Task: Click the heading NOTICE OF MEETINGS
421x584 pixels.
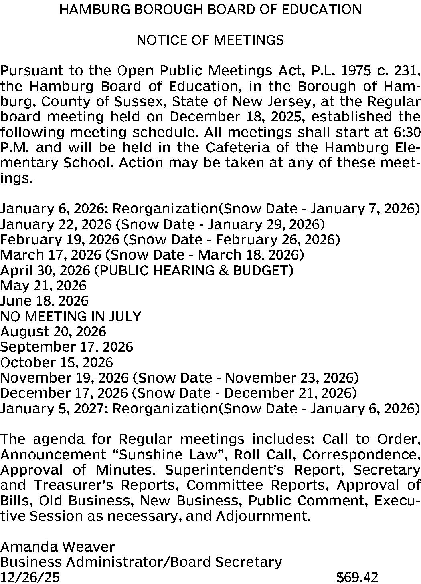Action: tap(210, 40)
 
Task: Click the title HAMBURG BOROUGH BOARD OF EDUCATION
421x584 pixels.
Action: tap(210, 9)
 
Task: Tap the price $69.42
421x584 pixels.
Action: tap(357, 577)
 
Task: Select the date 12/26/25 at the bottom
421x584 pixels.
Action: tap(30, 577)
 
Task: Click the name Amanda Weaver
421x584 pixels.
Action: tap(58, 547)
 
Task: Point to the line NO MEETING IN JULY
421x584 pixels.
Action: tap(71, 316)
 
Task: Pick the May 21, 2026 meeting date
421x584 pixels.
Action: tap(43, 286)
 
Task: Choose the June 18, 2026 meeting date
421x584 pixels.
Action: tap(45, 301)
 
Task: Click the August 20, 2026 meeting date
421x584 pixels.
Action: tap(53, 332)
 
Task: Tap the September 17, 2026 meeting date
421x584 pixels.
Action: tap(67, 347)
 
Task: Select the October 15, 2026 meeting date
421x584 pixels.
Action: tap(57, 362)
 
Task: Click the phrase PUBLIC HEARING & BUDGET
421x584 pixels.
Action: tap(193, 270)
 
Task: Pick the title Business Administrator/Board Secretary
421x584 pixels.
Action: tap(141, 562)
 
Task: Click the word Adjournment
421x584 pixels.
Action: tap(263, 516)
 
